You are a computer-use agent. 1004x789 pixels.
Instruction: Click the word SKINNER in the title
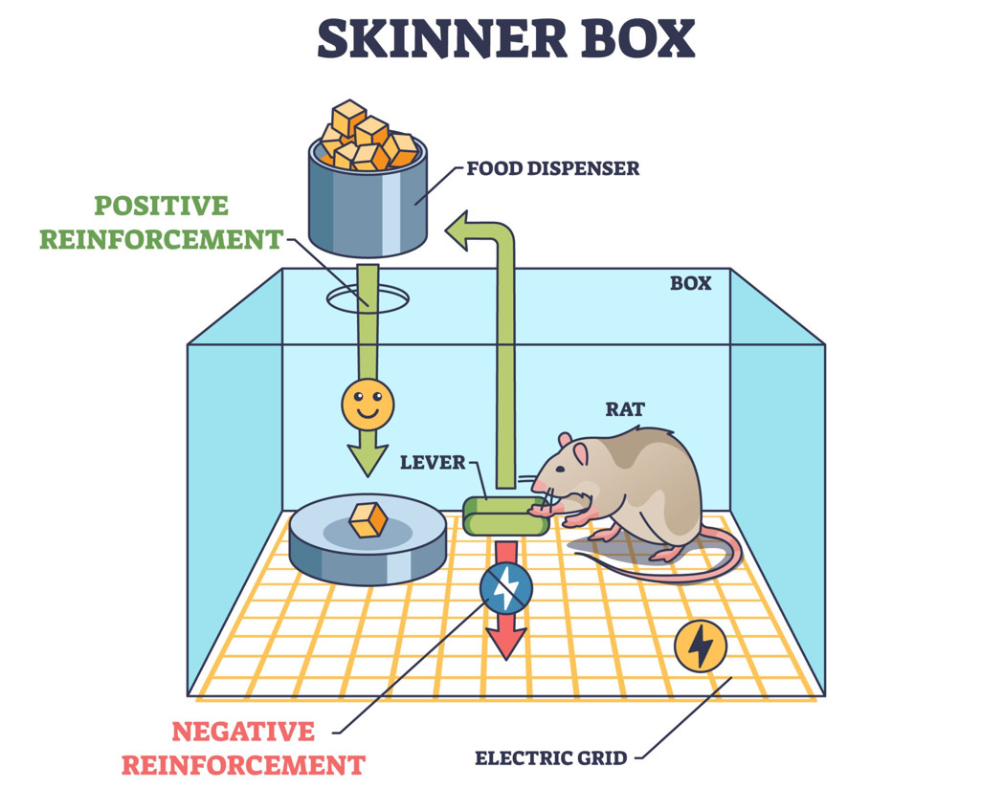[x=431, y=39]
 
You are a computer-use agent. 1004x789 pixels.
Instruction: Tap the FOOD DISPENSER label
[x=552, y=169]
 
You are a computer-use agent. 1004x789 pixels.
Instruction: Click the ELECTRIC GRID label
[x=551, y=758]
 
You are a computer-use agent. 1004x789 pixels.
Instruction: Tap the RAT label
[x=625, y=409]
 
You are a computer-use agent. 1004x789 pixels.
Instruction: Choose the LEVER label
[x=433, y=463]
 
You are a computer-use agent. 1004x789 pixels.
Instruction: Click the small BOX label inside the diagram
[x=690, y=283]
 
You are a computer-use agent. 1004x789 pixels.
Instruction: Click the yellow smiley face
[x=368, y=404]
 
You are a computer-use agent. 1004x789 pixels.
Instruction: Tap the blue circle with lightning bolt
[x=505, y=587]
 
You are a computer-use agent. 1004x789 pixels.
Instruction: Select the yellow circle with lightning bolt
[x=701, y=646]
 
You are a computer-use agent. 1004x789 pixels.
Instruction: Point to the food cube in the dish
[x=368, y=520]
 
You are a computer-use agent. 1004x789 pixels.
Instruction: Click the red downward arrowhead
[x=506, y=641]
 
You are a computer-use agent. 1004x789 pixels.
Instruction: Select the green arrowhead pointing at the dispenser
[x=463, y=232]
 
